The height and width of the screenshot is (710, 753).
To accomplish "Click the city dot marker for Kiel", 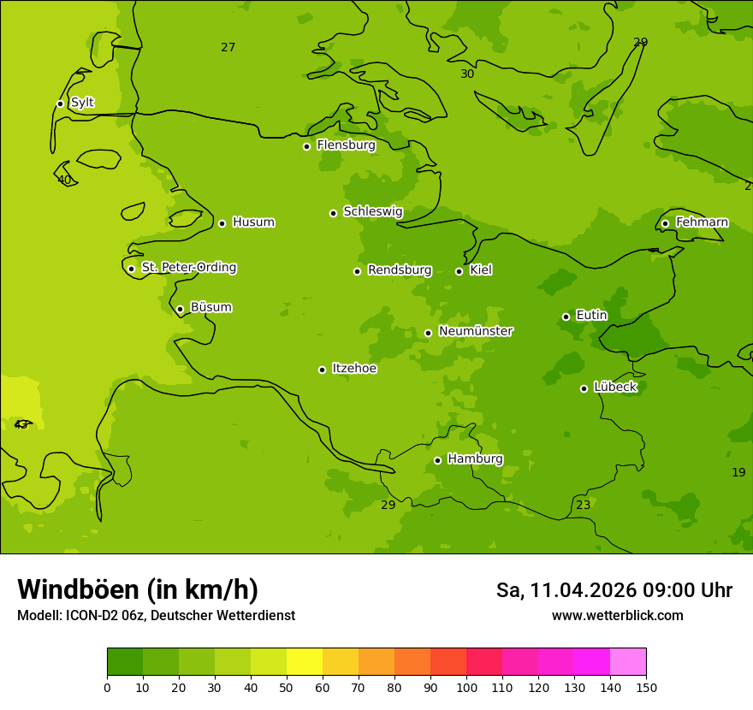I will [x=459, y=271].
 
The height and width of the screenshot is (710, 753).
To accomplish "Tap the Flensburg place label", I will [x=346, y=145].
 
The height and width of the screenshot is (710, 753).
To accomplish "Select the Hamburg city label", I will [x=475, y=459].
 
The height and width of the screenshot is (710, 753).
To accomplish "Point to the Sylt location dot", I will [x=60, y=104].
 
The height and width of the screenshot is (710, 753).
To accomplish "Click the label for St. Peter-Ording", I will [x=188, y=268].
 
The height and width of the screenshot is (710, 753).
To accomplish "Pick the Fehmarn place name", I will [x=702, y=222].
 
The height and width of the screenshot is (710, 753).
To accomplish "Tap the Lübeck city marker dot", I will [x=584, y=388].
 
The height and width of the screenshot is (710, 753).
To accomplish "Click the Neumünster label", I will [x=475, y=331].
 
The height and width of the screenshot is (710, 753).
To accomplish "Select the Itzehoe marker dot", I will [x=322, y=370].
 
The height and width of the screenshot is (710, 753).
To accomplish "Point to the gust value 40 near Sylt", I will [x=64, y=180].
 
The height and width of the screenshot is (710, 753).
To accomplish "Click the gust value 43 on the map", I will [x=21, y=425].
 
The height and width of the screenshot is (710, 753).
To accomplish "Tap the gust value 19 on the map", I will [x=738, y=472].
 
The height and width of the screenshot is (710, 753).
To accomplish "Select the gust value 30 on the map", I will [x=467, y=74].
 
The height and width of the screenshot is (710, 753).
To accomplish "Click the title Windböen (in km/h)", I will [x=138, y=589].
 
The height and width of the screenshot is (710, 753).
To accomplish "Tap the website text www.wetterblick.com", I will [x=617, y=615].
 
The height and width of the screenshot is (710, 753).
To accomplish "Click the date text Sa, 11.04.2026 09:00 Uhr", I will [x=614, y=590].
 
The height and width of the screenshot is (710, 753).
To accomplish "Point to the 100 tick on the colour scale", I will [x=466, y=687].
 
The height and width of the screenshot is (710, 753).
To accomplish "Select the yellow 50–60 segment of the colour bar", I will [x=305, y=662].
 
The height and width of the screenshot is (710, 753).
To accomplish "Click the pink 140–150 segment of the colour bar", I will [x=628, y=662].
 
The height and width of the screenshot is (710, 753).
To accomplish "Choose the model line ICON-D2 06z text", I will [x=156, y=615].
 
